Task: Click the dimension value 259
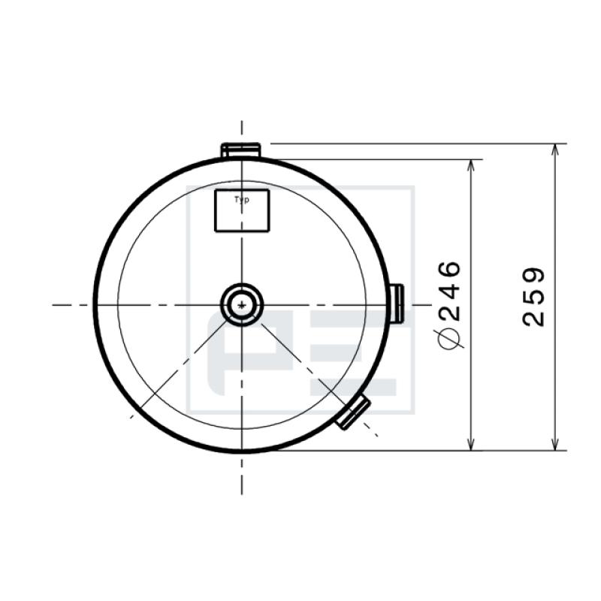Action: coord(533,297)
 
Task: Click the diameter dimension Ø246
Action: coord(448,305)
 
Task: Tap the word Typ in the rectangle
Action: coord(241,200)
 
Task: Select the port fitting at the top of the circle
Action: coord(240,149)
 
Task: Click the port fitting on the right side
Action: coord(397,303)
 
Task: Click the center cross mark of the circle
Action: coord(242,305)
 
